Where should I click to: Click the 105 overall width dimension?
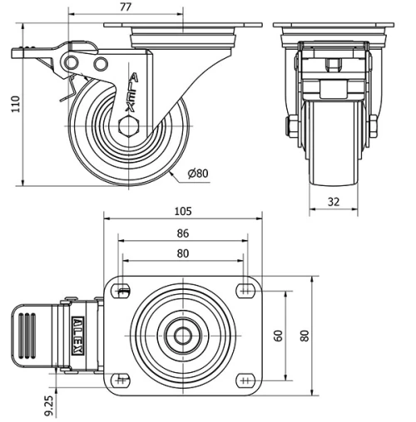tap(182, 210)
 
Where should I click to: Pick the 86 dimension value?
tap(182, 233)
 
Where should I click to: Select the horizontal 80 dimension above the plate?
tap(182, 253)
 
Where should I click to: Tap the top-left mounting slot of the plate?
tap(123, 290)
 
